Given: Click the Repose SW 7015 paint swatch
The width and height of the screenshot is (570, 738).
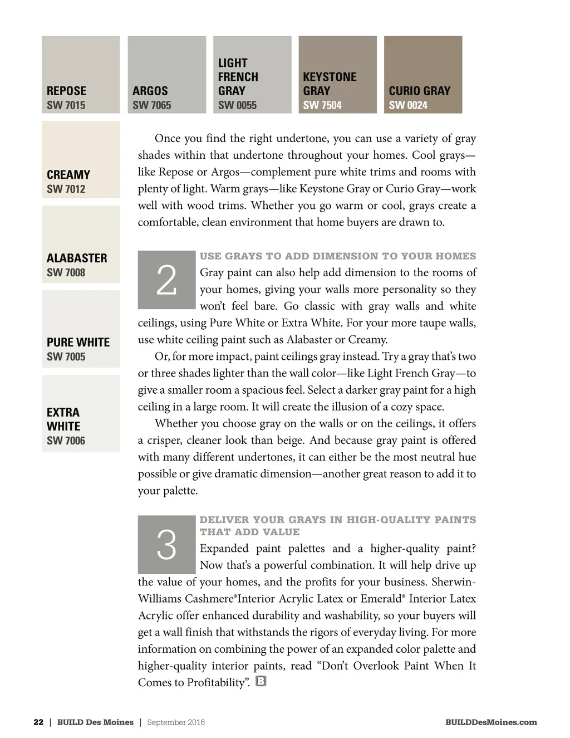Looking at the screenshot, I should [81, 75].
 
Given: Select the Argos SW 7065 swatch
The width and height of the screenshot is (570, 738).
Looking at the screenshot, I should [166, 75].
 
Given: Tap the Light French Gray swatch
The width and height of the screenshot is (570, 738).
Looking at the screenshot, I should [252, 75].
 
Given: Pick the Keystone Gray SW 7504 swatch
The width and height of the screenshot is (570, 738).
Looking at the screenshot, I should [337, 75].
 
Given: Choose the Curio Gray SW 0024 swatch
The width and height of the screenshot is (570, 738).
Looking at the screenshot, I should [423, 75].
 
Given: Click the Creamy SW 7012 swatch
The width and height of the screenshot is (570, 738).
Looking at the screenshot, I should [81, 159].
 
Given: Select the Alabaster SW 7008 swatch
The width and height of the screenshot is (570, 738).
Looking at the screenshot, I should [81, 244].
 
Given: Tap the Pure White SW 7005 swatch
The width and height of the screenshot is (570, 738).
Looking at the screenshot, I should [81, 329].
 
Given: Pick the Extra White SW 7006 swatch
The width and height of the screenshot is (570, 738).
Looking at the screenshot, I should [81, 413].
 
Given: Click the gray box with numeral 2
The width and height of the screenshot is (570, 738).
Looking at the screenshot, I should [166, 280].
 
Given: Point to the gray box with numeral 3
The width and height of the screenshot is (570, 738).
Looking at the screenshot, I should [166, 545].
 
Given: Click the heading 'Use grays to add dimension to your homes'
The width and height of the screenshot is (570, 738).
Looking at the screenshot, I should [338, 256].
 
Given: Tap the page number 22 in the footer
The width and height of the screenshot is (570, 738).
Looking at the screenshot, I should [38, 722].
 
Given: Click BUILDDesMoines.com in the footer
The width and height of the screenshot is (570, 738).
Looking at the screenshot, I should [491, 722].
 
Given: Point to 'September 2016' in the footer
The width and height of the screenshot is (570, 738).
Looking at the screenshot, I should [176, 722].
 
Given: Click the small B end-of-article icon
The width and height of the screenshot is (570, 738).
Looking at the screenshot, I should [261, 681].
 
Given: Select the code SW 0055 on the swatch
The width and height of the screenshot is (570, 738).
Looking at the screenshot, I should [237, 105].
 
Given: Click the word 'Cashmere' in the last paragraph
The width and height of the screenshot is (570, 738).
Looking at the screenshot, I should [209, 599].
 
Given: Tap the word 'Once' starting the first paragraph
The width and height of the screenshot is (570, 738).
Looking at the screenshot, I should [168, 139].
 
